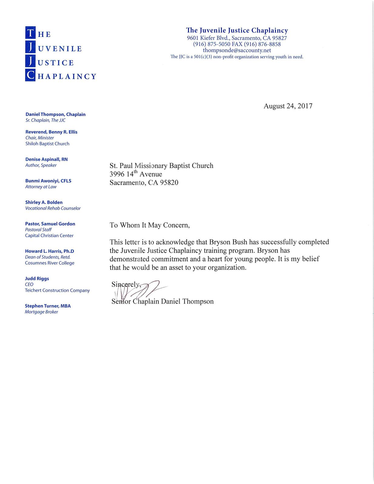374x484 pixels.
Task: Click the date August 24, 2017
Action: click(x=288, y=106)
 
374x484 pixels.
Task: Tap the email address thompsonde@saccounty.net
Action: click(x=237, y=51)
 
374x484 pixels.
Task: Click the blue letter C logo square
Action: click(x=30, y=75)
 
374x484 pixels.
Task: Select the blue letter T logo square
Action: click(x=30, y=33)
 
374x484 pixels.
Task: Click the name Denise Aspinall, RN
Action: click(x=46, y=159)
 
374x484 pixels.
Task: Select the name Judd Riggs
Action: click(x=37, y=279)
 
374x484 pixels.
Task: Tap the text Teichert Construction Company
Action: click(x=57, y=290)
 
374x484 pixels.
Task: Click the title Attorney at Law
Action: click(x=41, y=187)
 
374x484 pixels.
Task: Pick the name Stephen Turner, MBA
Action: click(x=48, y=306)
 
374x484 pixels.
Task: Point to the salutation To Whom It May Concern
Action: click(x=150, y=225)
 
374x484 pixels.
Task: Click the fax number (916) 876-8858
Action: click(x=262, y=44)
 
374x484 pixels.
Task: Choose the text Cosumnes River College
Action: click(x=49, y=263)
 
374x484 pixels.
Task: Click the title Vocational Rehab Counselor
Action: click(x=53, y=208)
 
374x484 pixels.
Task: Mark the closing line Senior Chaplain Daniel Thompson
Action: click(x=163, y=302)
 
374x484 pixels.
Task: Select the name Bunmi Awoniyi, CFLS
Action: click(x=48, y=181)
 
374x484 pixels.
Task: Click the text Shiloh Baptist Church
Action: click(x=47, y=144)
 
